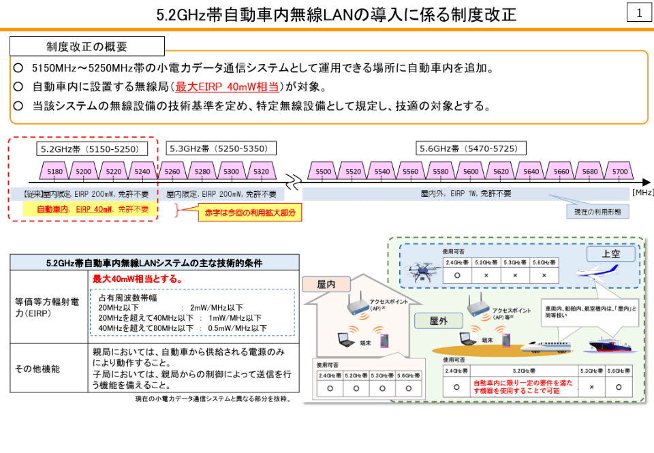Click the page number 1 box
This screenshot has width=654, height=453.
click(x=639, y=13)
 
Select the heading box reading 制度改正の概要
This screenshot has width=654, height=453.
click(x=87, y=46)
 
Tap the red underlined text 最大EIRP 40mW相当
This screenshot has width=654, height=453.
click(x=227, y=87)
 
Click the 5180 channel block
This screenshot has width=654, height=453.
click(x=55, y=172)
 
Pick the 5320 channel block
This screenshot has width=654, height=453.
click(x=261, y=172)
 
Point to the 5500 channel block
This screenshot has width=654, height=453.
click(x=324, y=172)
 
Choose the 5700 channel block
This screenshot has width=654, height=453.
click(x=620, y=172)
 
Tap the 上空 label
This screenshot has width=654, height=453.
click(x=611, y=254)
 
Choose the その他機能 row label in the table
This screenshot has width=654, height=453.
click(x=37, y=369)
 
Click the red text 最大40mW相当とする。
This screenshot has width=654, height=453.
click(x=137, y=279)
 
